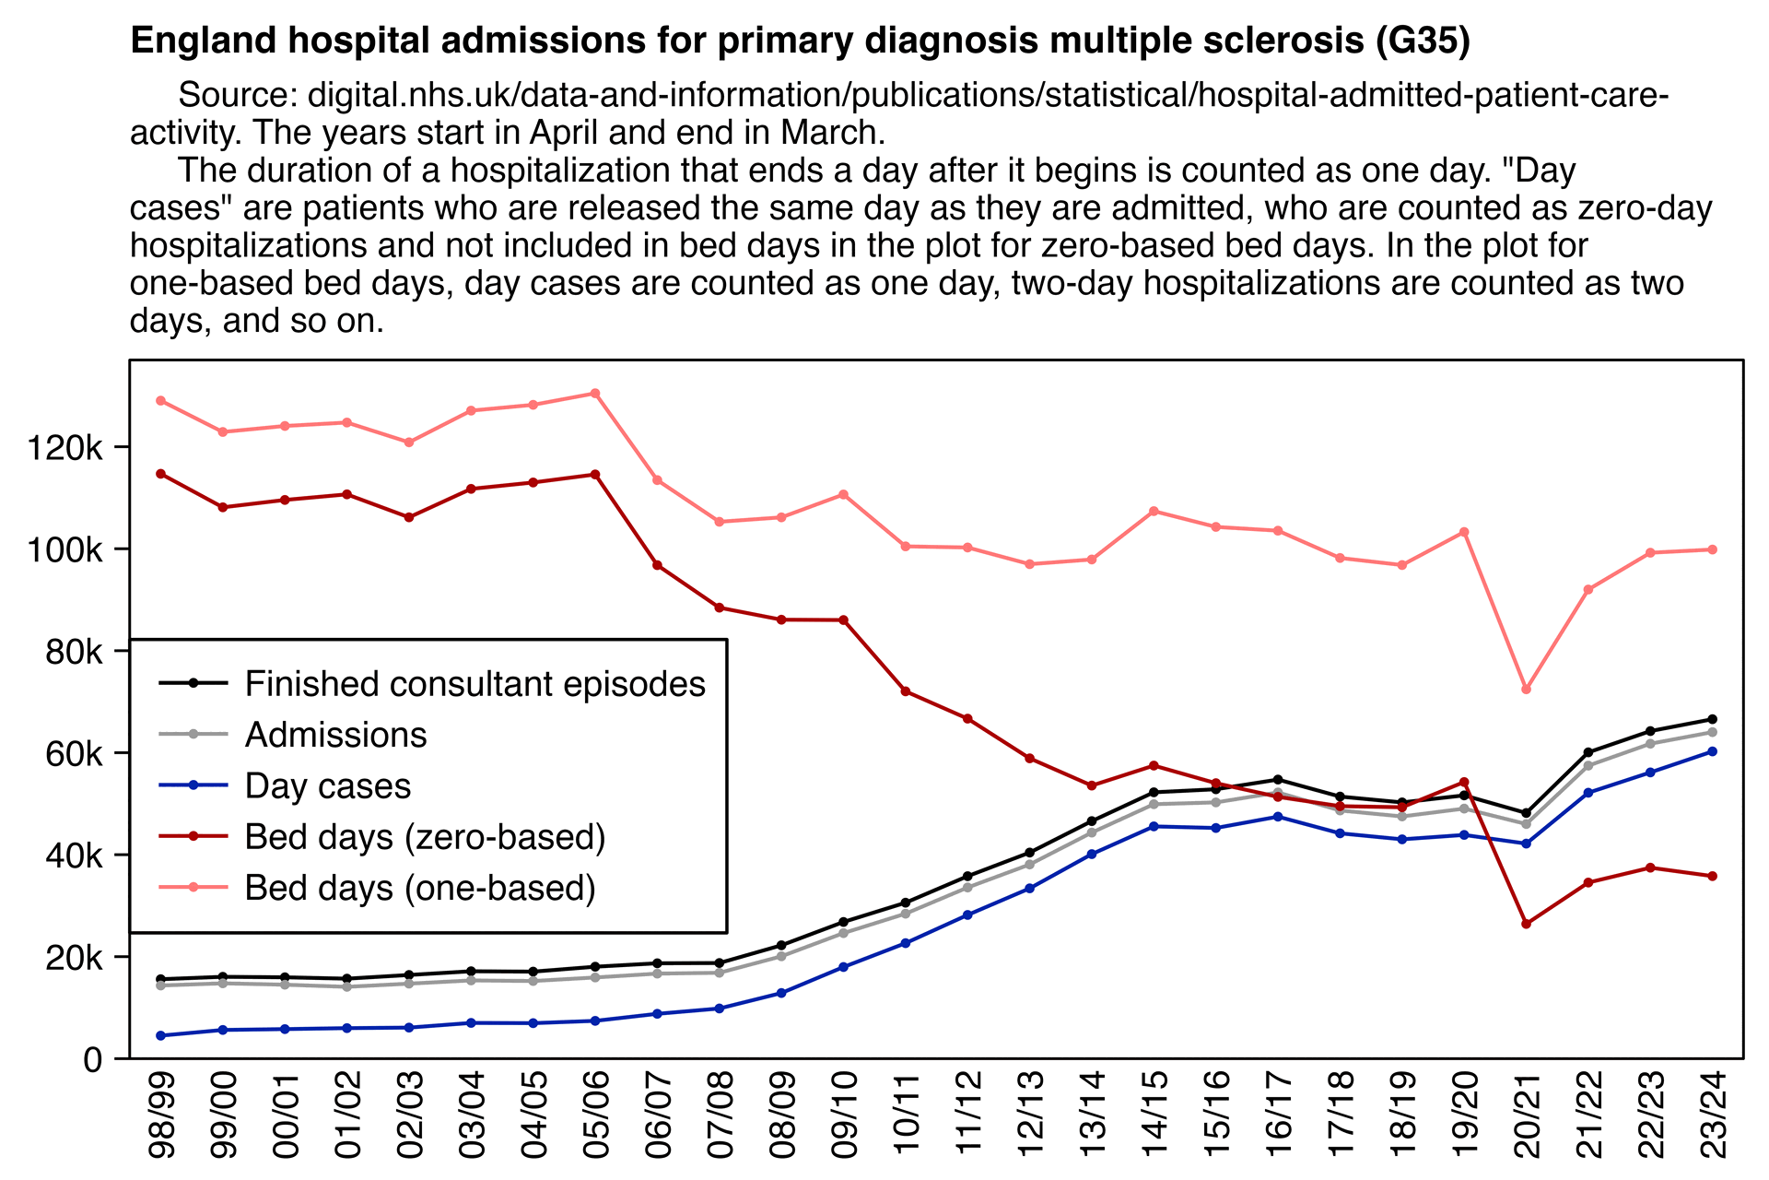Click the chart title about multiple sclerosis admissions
800,41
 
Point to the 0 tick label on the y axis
92,1060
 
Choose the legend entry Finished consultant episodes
474,684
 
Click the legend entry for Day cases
327,786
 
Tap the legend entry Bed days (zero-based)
425,837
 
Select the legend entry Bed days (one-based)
420,888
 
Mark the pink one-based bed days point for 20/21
1527,690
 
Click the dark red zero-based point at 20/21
1527,924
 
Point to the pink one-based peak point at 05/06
595,394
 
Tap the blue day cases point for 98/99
161,1035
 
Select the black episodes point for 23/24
1712,719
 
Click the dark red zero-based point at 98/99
161,474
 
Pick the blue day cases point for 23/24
1712,751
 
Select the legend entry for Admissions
335,735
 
